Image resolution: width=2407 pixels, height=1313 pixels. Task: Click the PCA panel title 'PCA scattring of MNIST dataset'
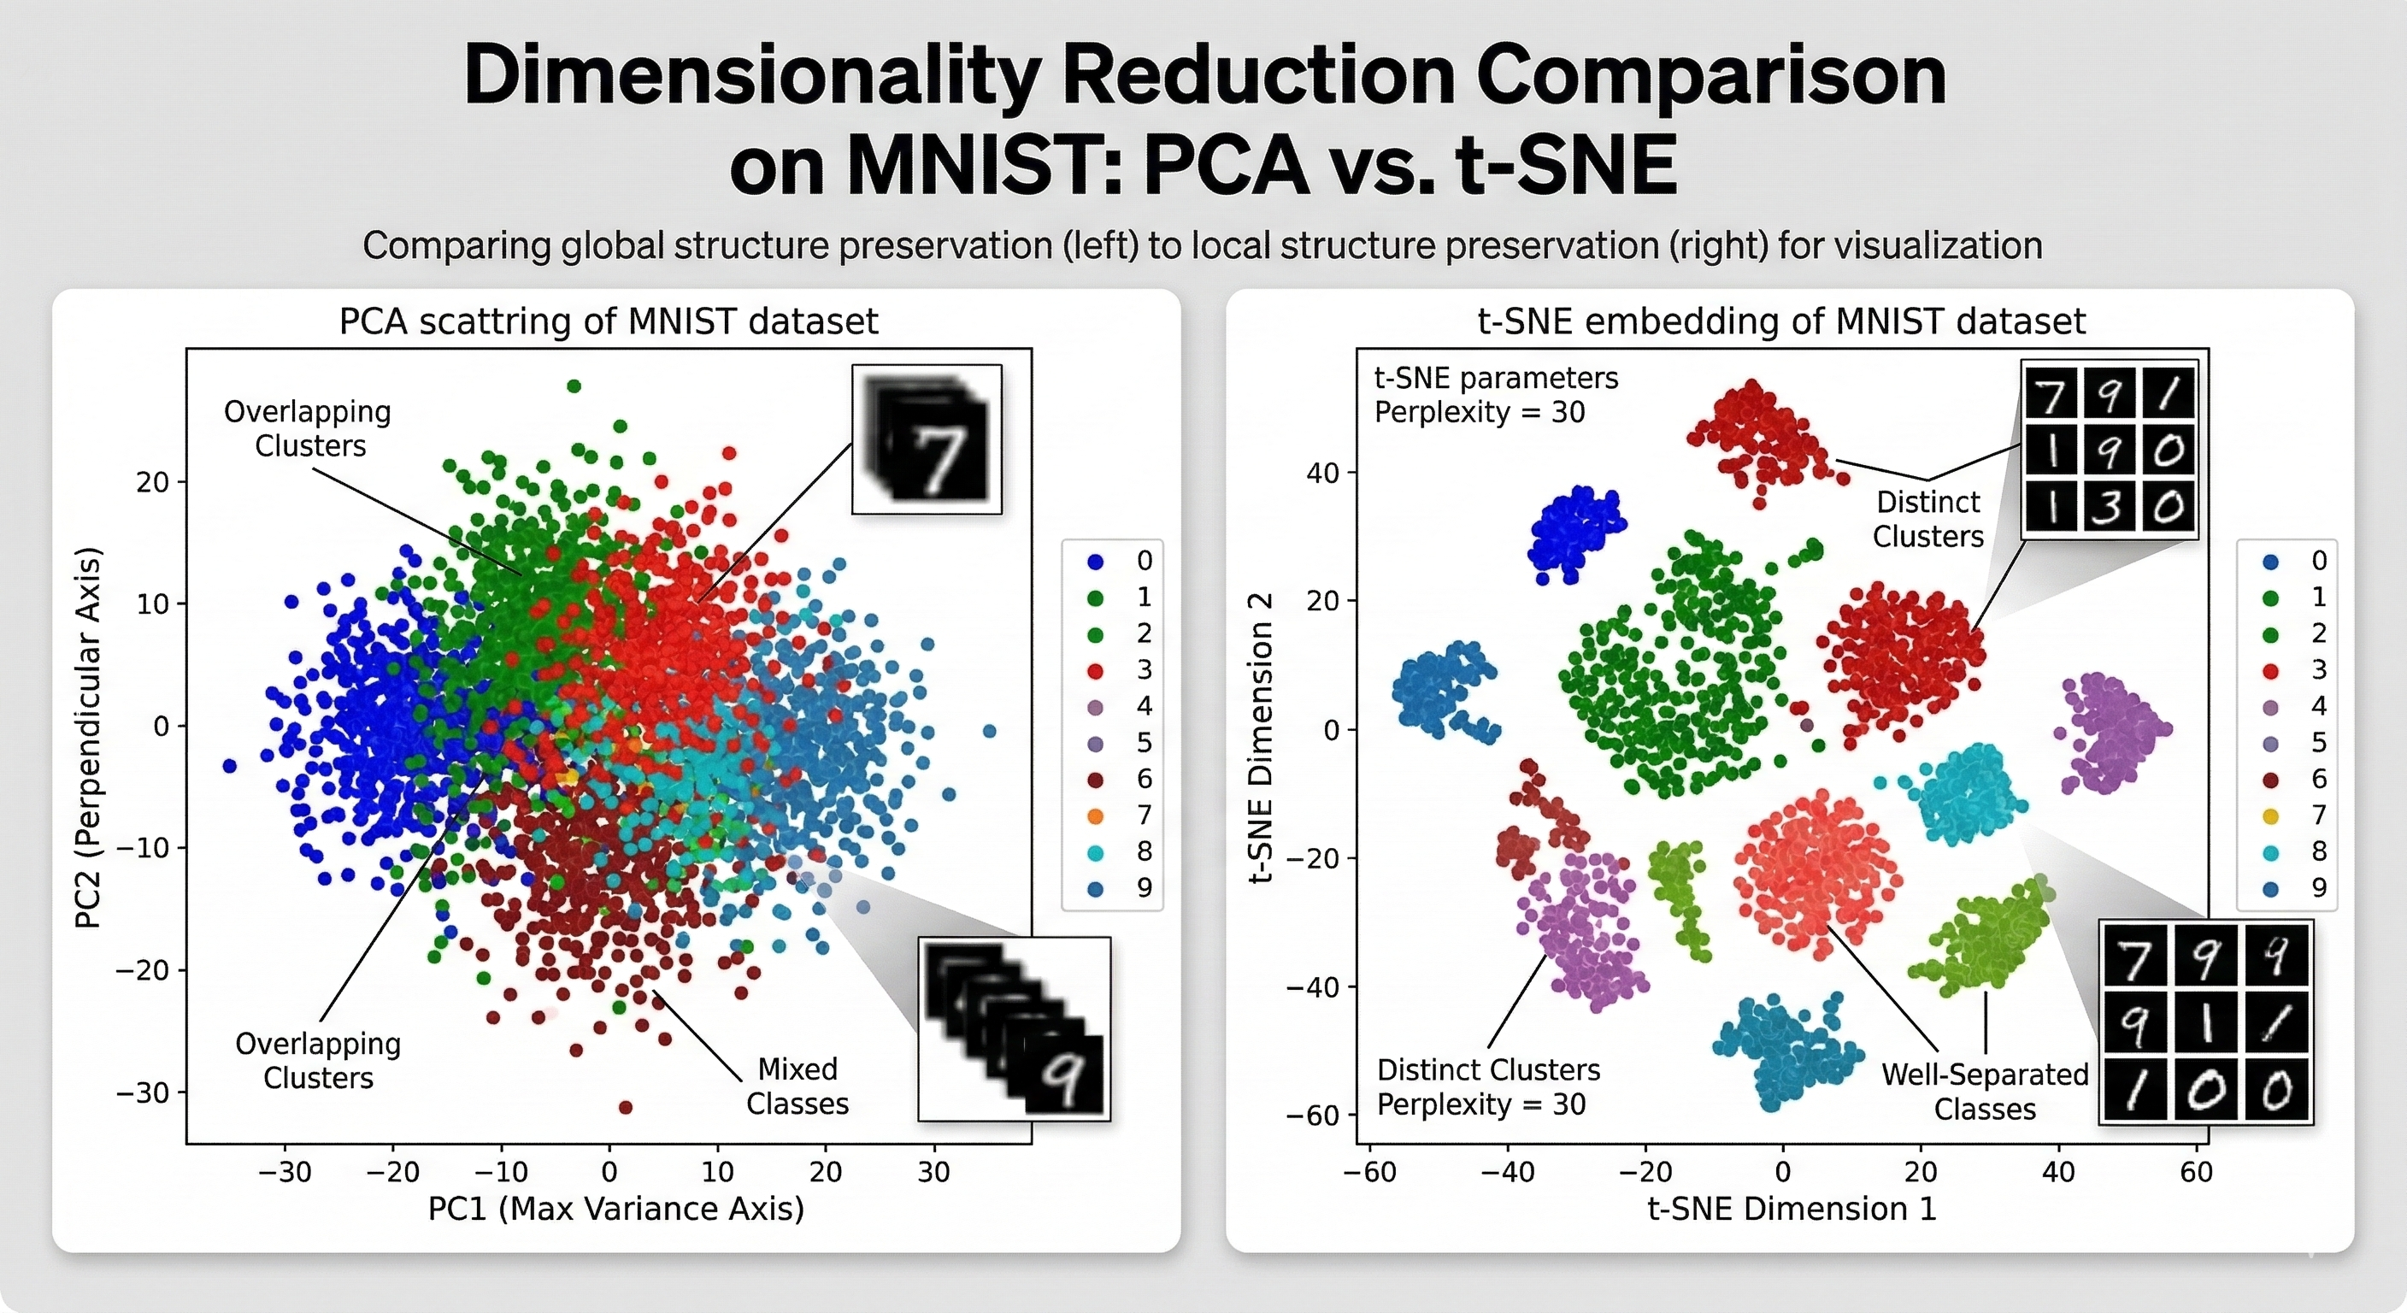(609, 321)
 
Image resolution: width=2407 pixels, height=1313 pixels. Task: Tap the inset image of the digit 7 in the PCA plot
(927, 439)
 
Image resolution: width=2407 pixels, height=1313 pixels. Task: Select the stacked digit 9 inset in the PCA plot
(1015, 1028)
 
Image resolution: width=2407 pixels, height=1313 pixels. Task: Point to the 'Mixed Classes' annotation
(797, 1086)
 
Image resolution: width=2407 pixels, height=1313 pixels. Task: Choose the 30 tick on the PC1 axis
(933, 1172)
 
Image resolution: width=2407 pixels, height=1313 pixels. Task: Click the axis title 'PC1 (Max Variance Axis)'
(615, 1210)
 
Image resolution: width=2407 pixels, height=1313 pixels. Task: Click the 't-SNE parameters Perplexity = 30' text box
(1495, 394)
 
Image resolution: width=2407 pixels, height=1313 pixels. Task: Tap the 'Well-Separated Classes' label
(1984, 1092)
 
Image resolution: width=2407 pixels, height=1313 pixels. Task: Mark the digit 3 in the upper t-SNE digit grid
(2109, 509)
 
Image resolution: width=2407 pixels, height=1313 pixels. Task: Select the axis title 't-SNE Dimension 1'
(1792, 1210)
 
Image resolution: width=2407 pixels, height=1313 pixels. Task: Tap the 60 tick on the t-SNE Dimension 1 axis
(2196, 1172)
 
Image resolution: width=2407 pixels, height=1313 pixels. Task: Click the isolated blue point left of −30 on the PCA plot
(229, 766)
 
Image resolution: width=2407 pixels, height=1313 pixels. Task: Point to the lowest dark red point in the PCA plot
(626, 1107)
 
